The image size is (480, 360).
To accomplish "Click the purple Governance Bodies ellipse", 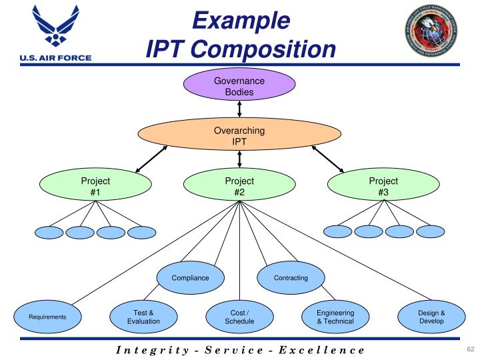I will (239, 87).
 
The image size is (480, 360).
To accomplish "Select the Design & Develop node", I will (431, 317).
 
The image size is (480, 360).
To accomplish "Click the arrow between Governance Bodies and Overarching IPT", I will (239, 109).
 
